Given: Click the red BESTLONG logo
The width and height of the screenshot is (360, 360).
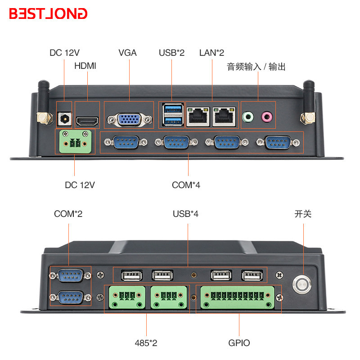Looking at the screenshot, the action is click(x=48, y=13).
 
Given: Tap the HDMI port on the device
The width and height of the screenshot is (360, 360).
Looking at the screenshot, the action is click(x=87, y=121).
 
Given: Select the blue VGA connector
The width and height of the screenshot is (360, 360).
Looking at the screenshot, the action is click(x=129, y=120).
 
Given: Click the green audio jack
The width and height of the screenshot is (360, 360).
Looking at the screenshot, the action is click(x=248, y=117).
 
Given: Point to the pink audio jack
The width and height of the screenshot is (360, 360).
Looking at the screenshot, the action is click(x=267, y=117).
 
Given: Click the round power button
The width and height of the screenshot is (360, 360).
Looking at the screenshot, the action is click(x=301, y=285).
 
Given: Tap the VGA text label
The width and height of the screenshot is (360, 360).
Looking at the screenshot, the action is click(x=127, y=53).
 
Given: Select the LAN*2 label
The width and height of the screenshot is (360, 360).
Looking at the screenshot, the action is click(x=211, y=53).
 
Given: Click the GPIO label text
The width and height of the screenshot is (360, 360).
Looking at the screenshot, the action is click(x=239, y=343).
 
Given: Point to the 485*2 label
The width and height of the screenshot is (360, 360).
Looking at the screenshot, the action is click(x=146, y=343).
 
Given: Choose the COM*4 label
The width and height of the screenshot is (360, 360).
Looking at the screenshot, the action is click(x=186, y=185).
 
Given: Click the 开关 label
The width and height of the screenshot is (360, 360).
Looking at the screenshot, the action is click(x=303, y=214).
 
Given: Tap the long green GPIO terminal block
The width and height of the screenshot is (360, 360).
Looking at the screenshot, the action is click(x=238, y=297).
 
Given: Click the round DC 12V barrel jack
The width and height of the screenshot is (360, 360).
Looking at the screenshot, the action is click(x=64, y=119).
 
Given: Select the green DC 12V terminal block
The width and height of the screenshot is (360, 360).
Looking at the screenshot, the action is click(x=75, y=141).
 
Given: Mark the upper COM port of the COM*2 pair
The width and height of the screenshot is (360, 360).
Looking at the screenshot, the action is click(x=71, y=275).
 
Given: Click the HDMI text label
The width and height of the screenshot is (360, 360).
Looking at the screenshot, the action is click(x=85, y=66).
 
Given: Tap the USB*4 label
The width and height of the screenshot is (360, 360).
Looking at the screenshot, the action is click(x=185, y=214).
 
